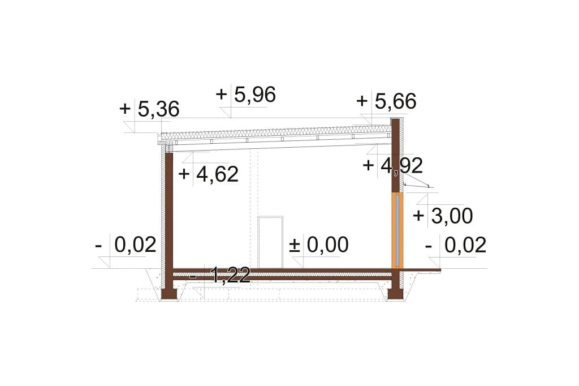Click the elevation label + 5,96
[245, 95]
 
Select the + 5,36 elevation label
[149, 109]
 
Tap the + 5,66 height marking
[387, 101]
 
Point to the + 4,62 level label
[208, 174]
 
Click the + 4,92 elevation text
[393, 165]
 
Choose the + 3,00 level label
[443, 216]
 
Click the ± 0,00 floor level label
[319, 245]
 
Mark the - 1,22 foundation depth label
[220, 276]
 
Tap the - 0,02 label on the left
[126, 245]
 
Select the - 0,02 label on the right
[456, 245]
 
